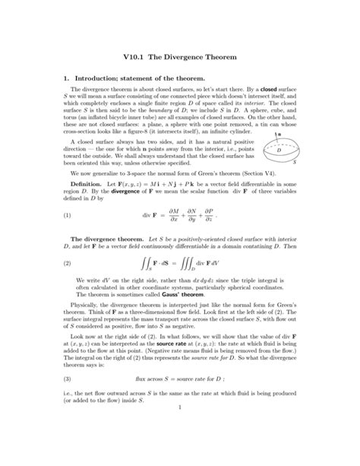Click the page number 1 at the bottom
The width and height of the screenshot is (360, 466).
(180, 447)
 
